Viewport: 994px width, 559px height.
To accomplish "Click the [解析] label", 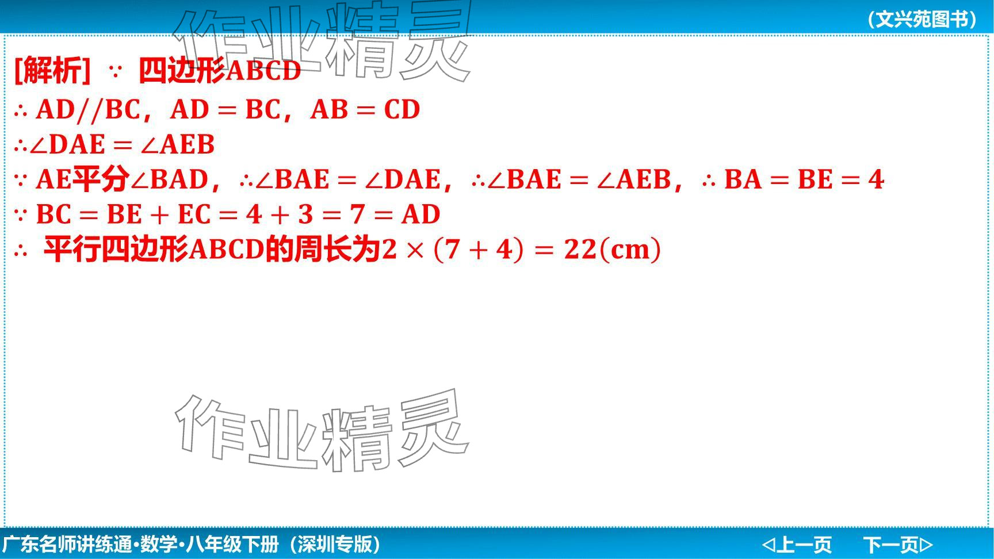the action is click(52, 71).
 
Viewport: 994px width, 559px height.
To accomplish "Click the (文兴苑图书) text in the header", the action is click(922, 19).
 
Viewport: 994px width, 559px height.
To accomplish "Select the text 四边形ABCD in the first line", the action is click(220, 71).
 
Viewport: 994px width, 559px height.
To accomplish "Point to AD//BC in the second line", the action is click(88, 109).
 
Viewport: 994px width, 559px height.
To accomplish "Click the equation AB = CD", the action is click(365, 109).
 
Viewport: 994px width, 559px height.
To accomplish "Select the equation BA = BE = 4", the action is click(804, 179).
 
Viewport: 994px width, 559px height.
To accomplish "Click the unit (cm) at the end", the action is click(630, 250).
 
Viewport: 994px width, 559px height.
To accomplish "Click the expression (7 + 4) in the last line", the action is click(479, 250).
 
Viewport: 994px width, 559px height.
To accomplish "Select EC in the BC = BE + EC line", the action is click(194, 215).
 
